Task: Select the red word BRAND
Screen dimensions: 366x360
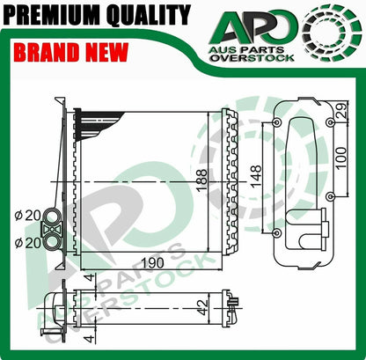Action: [47, 52]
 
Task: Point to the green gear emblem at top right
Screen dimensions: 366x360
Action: [332, 33]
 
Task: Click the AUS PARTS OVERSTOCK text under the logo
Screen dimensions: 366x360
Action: [253, 54]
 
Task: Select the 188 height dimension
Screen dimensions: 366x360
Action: [201, 180]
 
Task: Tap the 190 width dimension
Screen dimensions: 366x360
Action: [152, 263]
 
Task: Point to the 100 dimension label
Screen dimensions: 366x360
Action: [341, 158]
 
